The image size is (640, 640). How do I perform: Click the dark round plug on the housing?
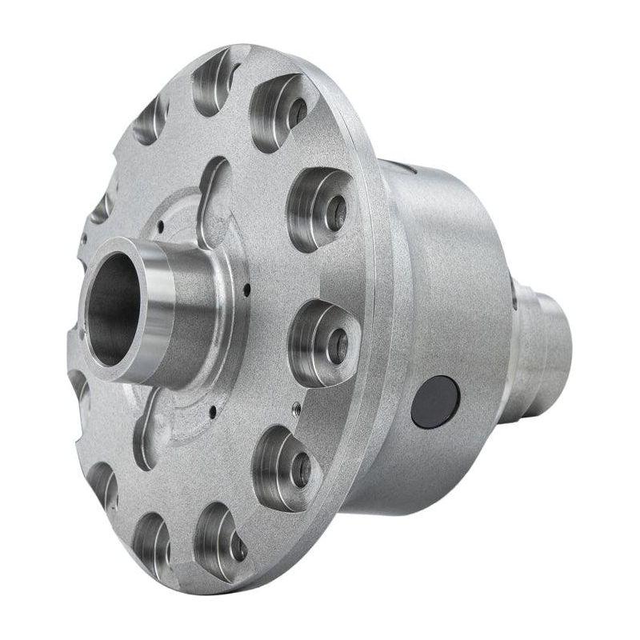coord(435,401)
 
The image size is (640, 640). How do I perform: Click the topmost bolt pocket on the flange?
coord(214,80)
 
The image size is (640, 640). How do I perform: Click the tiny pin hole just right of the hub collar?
coord(247,288)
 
